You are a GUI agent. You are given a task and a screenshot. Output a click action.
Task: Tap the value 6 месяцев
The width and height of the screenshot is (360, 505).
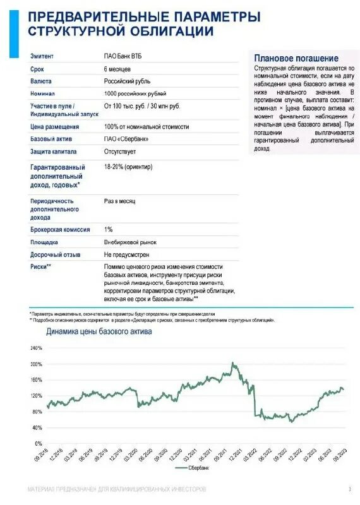coord(117,69)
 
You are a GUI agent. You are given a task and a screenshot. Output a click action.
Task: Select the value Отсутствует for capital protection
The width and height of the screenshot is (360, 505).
coord(121,151)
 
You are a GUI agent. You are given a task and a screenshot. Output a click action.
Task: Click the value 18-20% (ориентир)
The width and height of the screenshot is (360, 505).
coord(131,166)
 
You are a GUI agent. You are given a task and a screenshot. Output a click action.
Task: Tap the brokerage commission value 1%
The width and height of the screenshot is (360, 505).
coord(108,230)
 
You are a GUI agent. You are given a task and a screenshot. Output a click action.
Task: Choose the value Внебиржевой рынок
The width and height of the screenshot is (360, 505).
coord(130,242)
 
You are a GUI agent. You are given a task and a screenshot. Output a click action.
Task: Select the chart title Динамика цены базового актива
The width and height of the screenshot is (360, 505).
coord(99,331)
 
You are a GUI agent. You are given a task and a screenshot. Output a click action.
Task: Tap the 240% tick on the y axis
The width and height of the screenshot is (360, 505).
coord(35,348)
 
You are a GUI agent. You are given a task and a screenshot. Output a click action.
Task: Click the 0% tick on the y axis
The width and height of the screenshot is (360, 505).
coord(38,443)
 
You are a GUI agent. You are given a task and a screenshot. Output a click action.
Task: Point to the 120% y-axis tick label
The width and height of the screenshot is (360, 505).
coord(35,396)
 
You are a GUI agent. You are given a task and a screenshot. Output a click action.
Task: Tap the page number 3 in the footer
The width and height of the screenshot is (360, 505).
coord(349,489)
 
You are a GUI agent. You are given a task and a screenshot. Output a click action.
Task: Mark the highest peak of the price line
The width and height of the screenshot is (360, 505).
coord(232,363)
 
